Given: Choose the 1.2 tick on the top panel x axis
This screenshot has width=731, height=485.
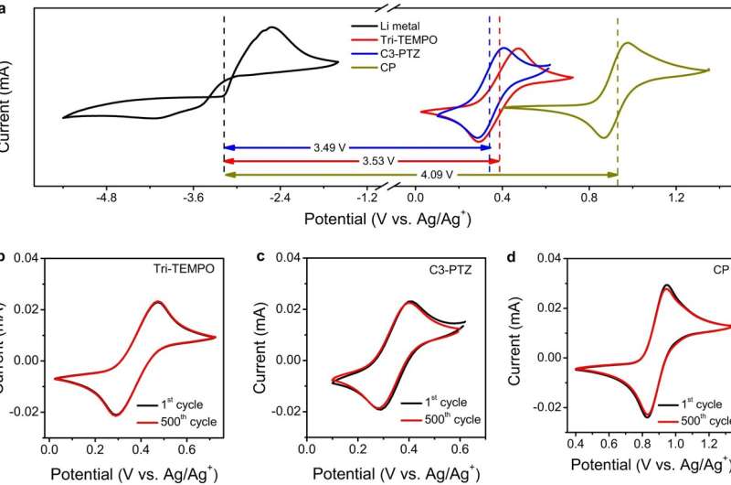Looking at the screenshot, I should [675, 197].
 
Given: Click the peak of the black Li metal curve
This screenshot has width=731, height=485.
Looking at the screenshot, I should [271, 27].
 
